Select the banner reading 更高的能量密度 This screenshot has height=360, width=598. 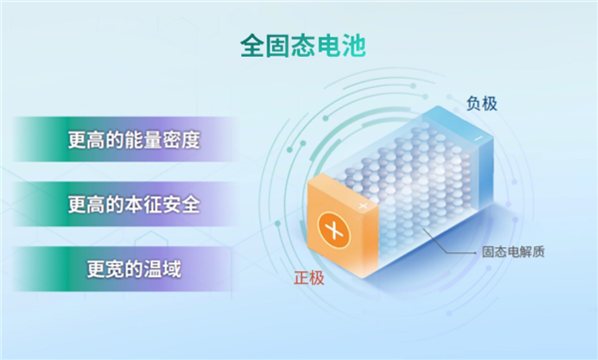(x=135, y=140)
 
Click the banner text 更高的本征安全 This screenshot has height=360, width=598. (x=135, y=204)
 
